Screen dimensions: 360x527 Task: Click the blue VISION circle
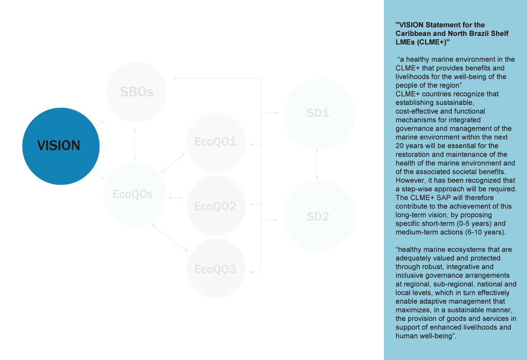(61, 146)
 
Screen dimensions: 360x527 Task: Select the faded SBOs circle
(136, 92)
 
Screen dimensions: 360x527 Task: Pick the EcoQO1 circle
(216, 141)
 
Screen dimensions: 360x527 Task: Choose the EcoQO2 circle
(216, 206)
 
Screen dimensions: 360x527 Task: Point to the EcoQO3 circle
(216, 268)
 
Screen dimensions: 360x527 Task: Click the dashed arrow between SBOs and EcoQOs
(134, 143)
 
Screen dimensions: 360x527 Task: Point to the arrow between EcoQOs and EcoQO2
(175, 197)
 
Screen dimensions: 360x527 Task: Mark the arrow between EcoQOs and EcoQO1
(173, 163)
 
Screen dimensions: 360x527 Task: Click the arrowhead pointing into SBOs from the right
(174, 78)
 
